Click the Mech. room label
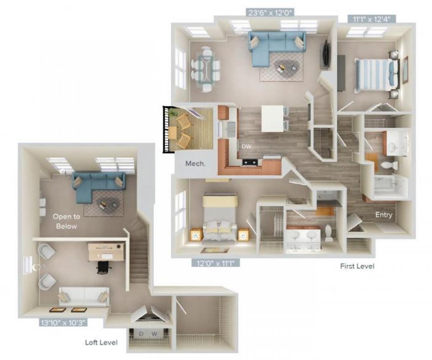point(195,164)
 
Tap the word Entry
point(383,215)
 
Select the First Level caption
point(357,266)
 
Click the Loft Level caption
point(101,342)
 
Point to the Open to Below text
point(65,221)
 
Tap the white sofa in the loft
point(83,296)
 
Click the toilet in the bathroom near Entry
point(389,165)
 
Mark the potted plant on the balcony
point(174,113)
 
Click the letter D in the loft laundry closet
point(141,334)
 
